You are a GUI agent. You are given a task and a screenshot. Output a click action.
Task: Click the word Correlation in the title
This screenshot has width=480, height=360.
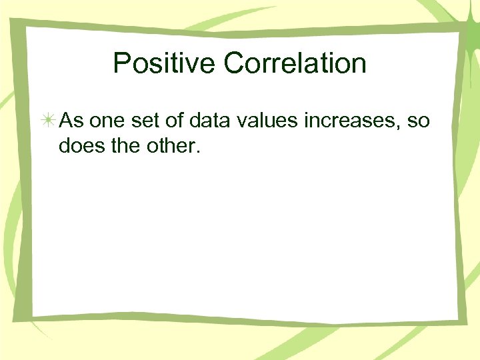[x=295, y=64]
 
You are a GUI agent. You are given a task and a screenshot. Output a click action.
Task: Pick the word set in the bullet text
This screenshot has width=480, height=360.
[x=143, y=121]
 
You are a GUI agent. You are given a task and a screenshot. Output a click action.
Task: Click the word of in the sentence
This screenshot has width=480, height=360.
[x=174, y=121]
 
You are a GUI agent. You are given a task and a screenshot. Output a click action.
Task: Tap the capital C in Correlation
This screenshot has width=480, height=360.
[x=235, y=64]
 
